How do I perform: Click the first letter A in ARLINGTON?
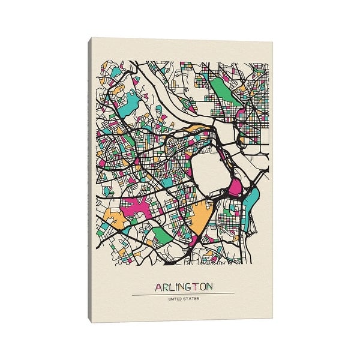[x=158, y=287]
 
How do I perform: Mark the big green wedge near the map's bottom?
[x=161, y=233]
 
